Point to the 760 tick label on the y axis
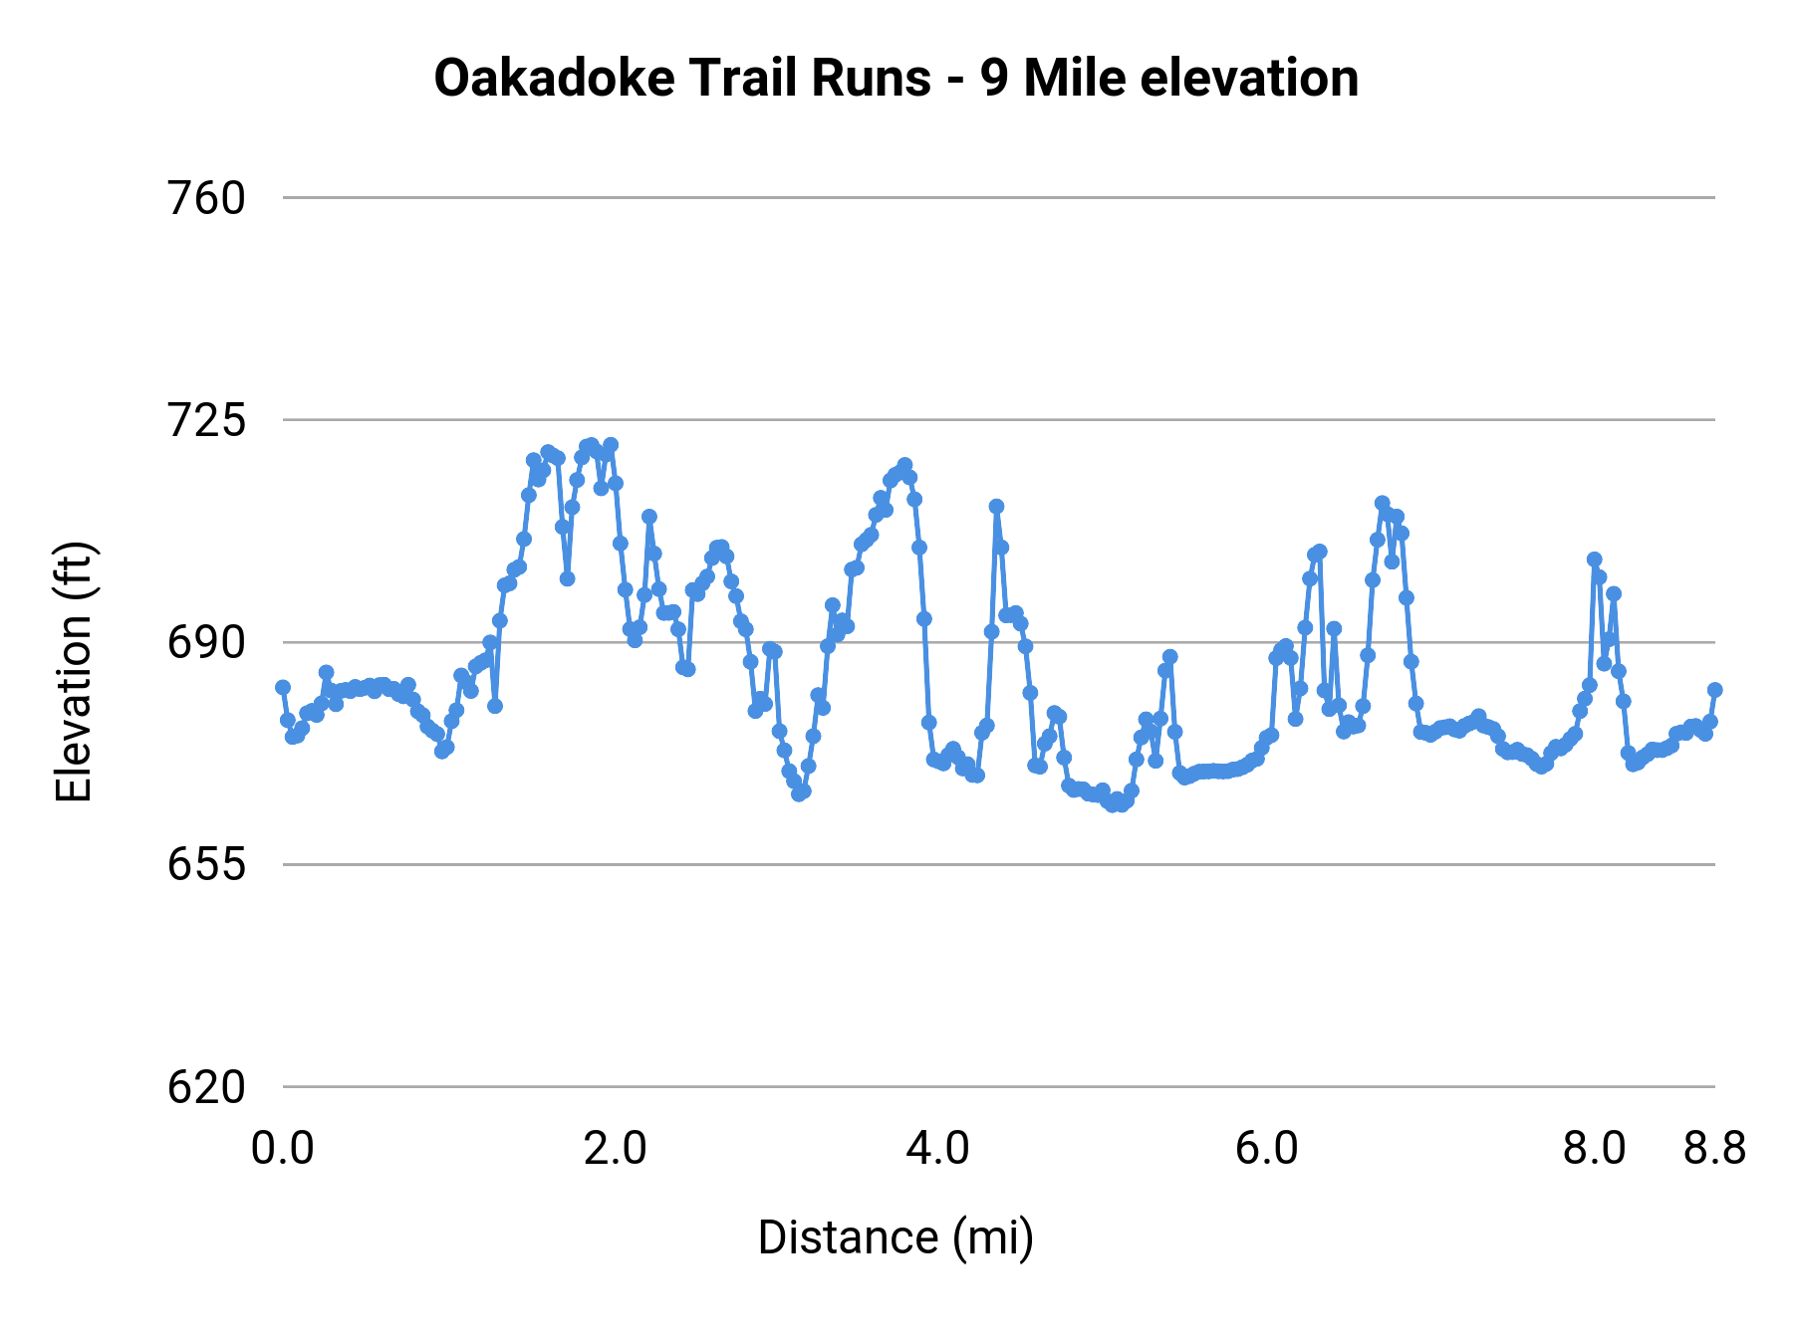(x=206, y=198)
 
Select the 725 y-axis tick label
(x=206, y=420)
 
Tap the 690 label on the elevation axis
(x=206, y=642)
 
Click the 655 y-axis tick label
(x=206, y=864)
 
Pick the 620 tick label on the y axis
(x=206, y=1086)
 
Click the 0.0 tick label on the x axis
(x=283, y=1148)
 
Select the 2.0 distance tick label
(x=615, y=1148)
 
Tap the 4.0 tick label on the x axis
(x=937, y=1148)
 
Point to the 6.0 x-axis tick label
(x=1266, y=1148)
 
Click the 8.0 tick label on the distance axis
(x=1594, y=1148)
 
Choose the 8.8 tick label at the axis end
(x=1715, y=1148)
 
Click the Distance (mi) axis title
(x=896, y=1237)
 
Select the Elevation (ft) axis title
(x=74, y=672)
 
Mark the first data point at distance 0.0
(x=283, y=687)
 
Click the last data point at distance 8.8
(x=1715, y=689)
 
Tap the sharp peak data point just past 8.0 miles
(x=1594, y=560)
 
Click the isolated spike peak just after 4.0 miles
(x=996, y=507)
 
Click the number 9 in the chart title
(x=993, y=78)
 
